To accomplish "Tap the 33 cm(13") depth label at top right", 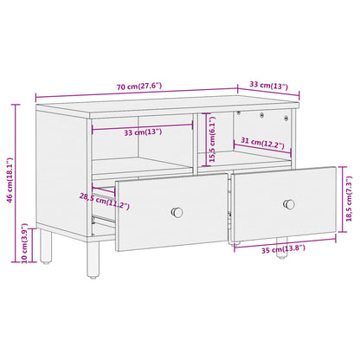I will pos(268,86).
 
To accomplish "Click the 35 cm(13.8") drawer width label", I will pos(281,250).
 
